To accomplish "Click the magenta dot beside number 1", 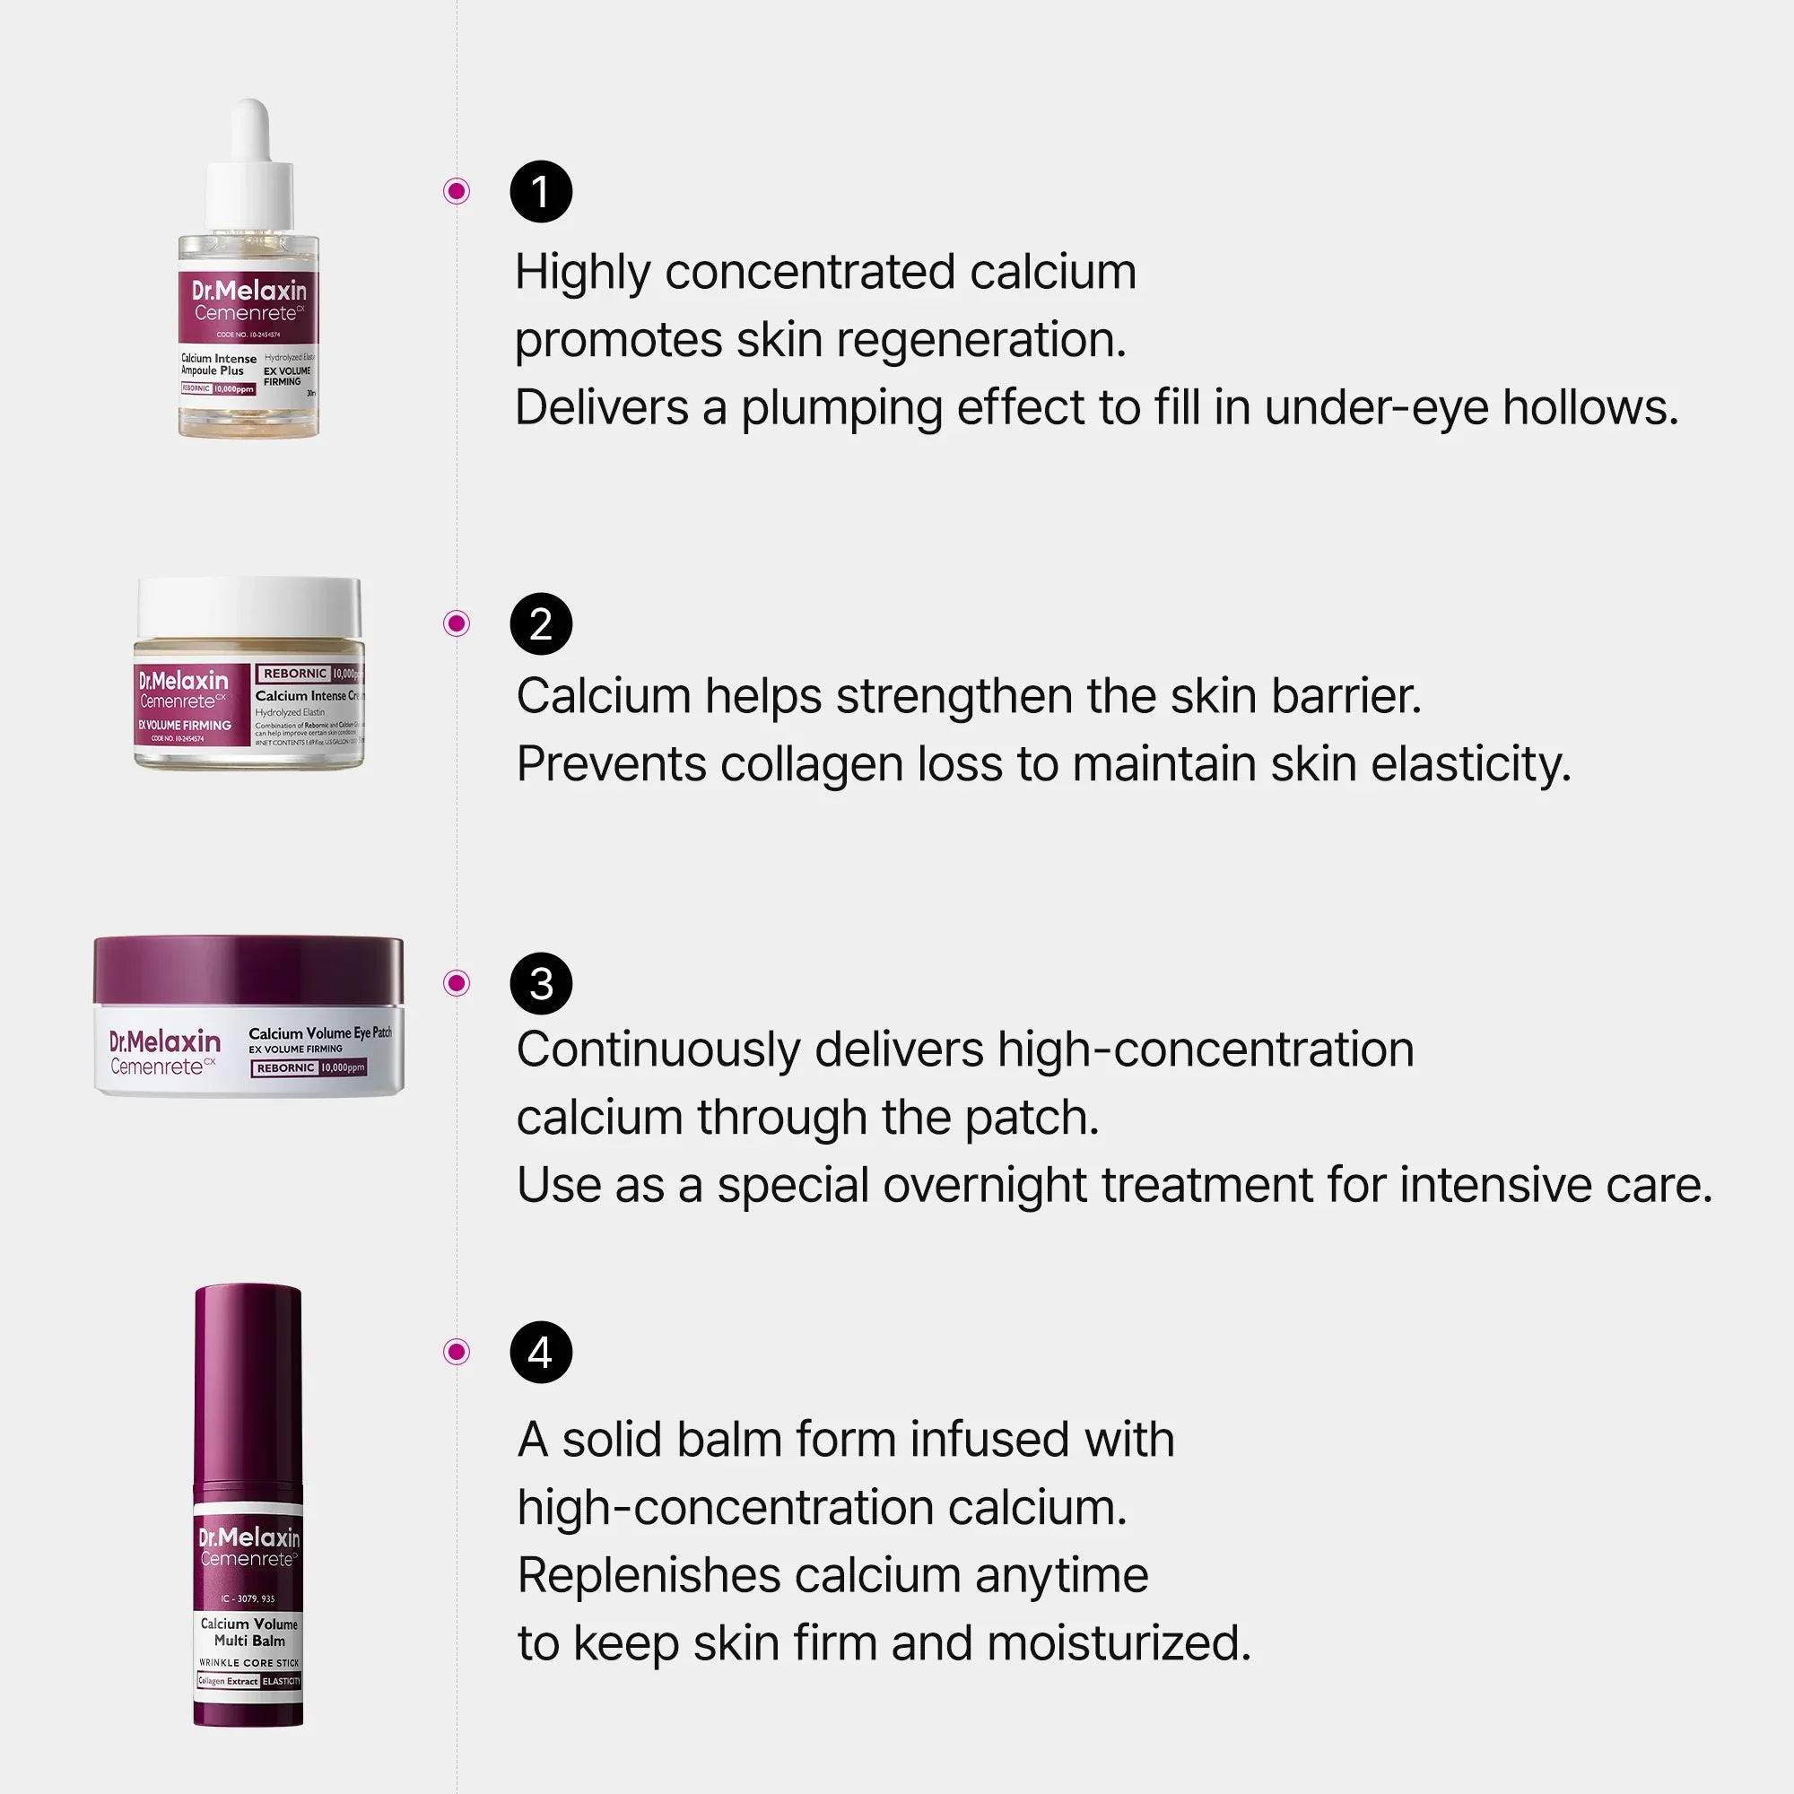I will tap(456, 191).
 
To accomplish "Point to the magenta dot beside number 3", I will tap(456, 982).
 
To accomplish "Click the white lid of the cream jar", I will tap(248, 605).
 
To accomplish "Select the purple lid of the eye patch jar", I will tap(248, 970).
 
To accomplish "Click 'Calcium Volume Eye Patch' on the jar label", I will tap(319, 1032).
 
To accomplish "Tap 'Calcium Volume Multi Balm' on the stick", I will tap(248, 1632).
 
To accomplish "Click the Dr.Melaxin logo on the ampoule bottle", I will tap(248, 291).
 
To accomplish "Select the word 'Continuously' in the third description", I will tap(658, 1050).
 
